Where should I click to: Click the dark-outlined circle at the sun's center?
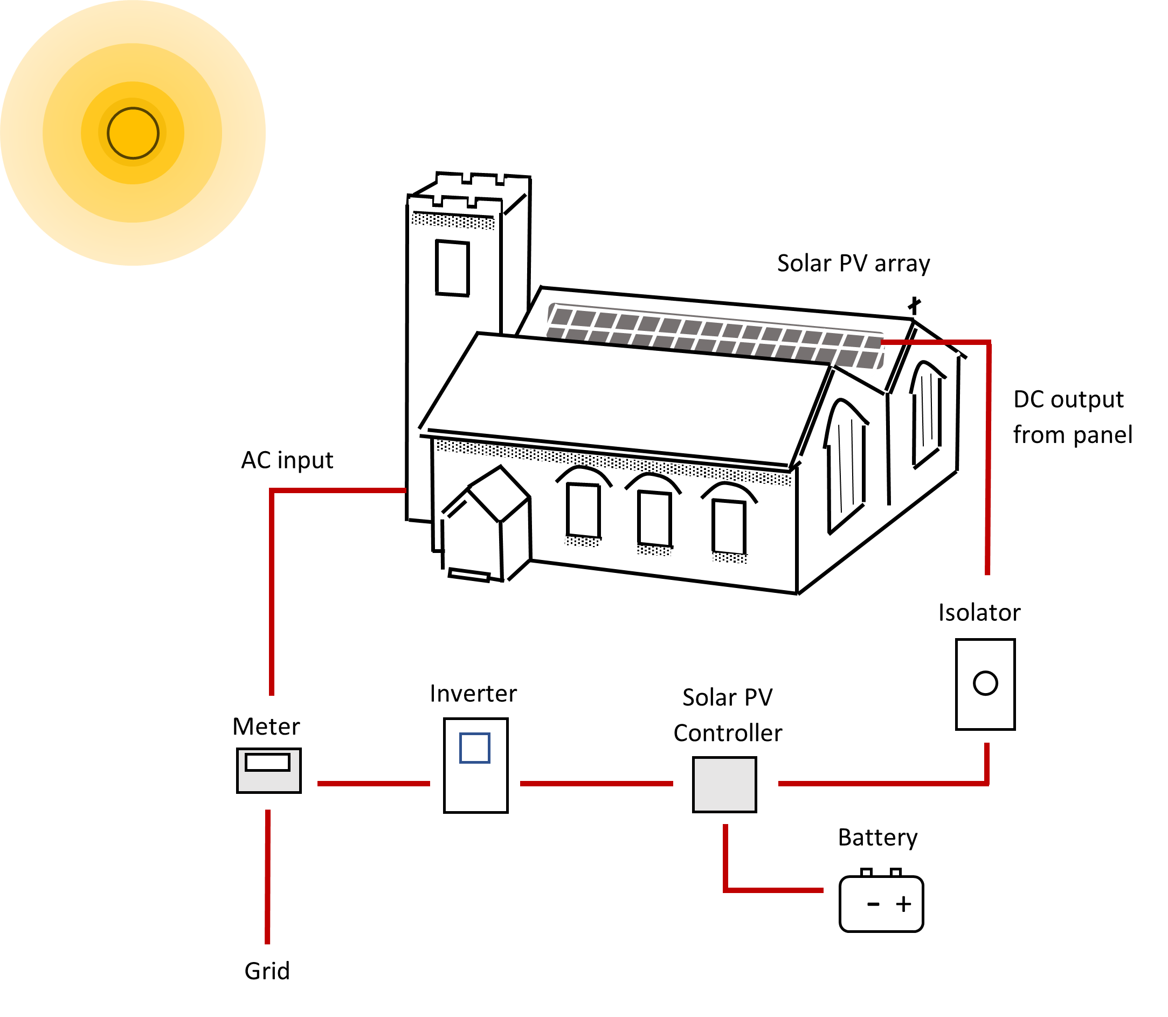click(133, 133)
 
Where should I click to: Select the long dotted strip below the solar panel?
click(613, 463)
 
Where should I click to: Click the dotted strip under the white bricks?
click(453, 222)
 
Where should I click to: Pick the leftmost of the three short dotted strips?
click(582, 542)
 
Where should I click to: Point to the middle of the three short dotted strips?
click(653, 550)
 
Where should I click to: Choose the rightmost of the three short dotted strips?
click(730, 558)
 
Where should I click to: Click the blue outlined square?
click(474, 748)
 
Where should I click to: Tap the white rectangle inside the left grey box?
click(267, 762)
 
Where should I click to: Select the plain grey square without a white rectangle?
click(724, 784)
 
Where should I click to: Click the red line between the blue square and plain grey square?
click(596, 784)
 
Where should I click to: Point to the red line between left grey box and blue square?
click(374, 784)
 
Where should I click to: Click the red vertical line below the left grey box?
click(267, 880)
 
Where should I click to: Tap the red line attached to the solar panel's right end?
click(988, 454)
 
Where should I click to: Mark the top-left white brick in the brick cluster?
click(449, 181)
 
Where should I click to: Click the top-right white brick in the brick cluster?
click(516, 184)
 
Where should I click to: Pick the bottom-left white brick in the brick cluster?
click(420, 204)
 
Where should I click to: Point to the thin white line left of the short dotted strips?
click(469, 576)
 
